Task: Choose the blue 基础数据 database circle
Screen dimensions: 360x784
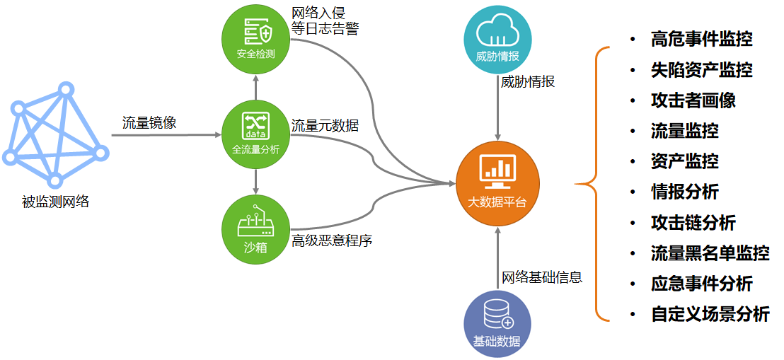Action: [x=497, y=323]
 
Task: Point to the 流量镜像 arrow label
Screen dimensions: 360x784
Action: [x=149, y=122]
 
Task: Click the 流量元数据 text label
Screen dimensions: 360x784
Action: [x=325, y=126]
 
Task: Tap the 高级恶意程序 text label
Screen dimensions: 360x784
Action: [x=332, y=240]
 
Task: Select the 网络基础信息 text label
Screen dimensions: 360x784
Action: [x=542, y=277]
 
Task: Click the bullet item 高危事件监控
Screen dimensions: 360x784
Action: [x=701, y=39]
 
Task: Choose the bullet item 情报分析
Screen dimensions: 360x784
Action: [x=684, y=192]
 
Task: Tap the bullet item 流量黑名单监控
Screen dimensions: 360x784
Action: [x=710, y=252]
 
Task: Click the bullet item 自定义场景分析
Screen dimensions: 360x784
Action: [x=710, y=314]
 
